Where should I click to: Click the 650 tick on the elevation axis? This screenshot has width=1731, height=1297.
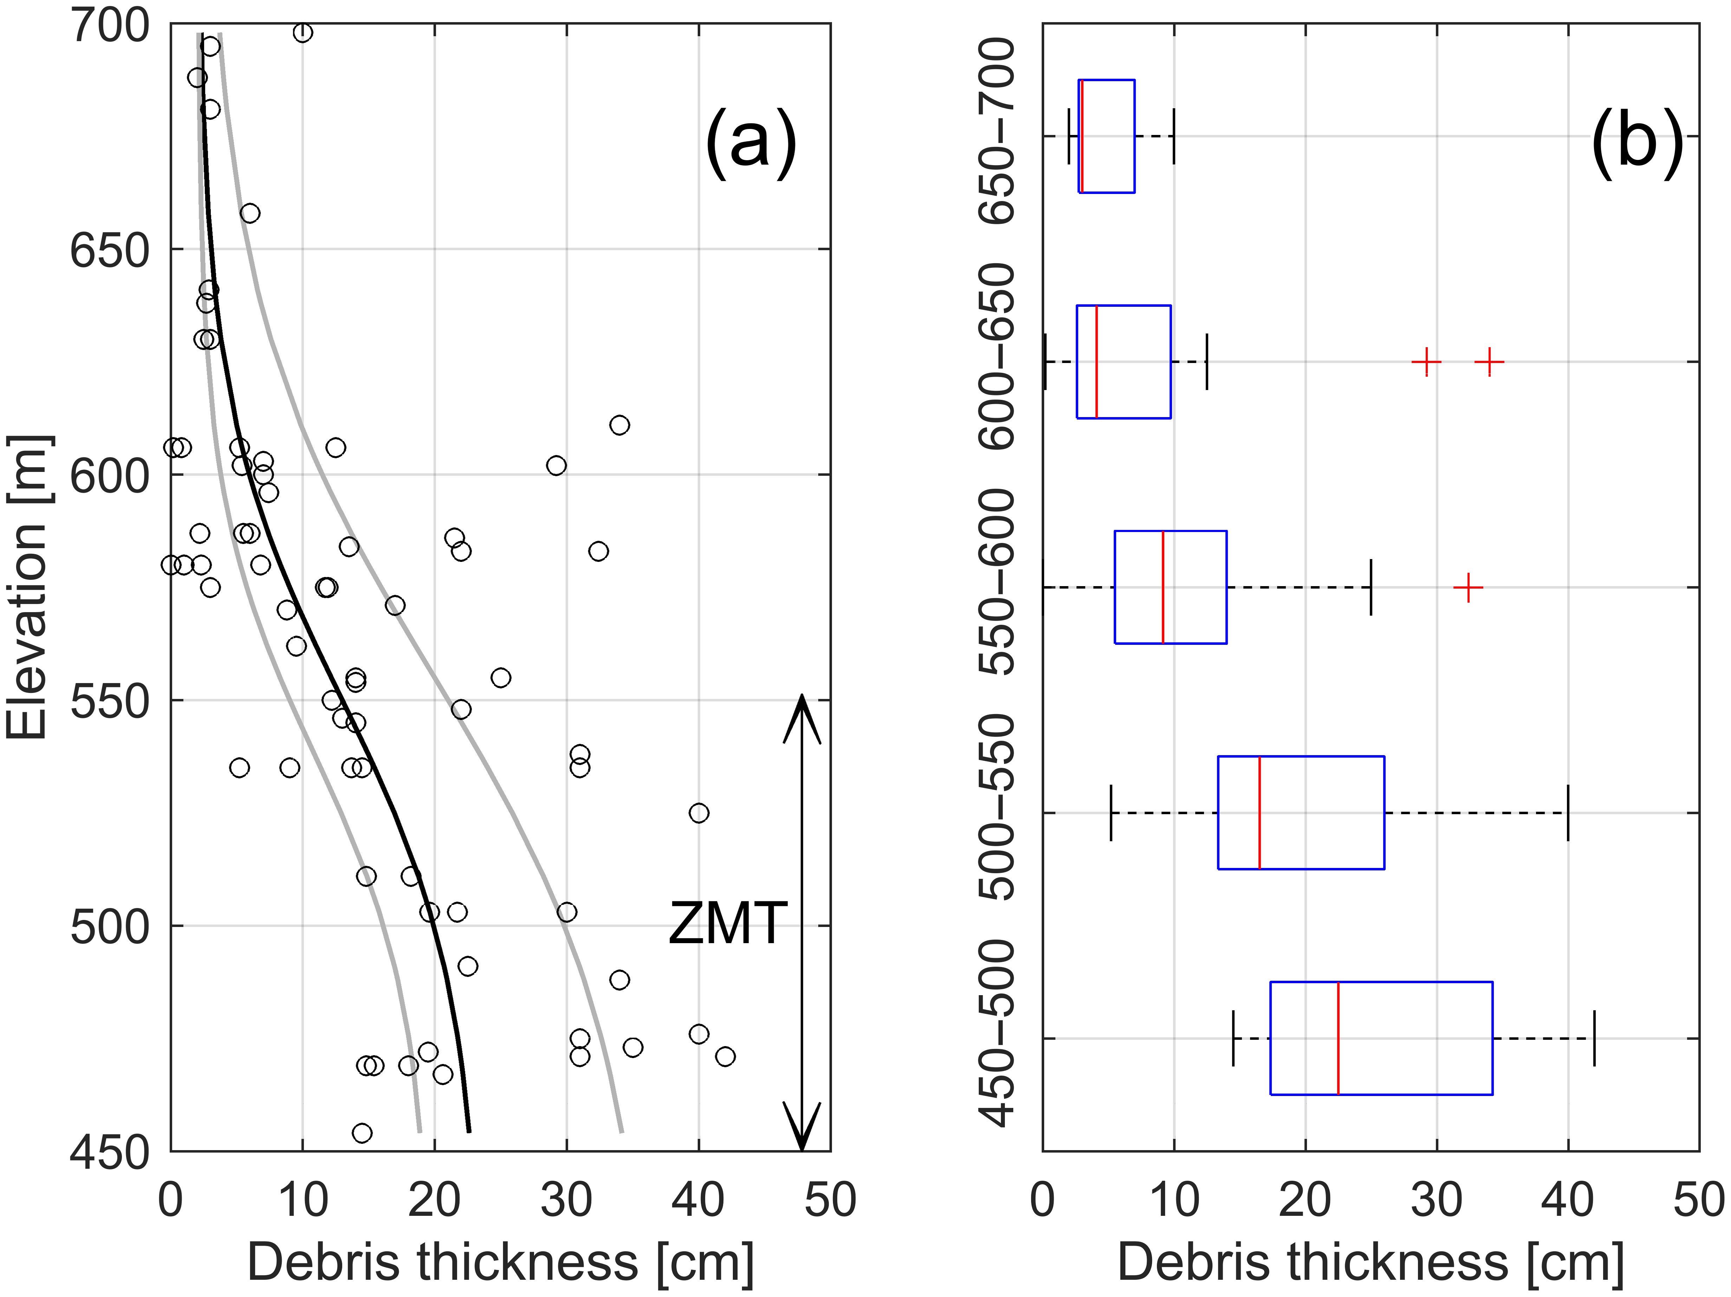click(110, 251)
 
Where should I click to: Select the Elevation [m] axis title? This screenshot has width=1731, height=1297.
click(27, 587)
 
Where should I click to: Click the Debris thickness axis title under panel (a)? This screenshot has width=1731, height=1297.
click(501, 1263)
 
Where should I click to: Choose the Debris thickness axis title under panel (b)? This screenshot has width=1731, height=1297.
click(1371, 1263)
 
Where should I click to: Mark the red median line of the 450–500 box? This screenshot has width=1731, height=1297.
click(1338, 1038)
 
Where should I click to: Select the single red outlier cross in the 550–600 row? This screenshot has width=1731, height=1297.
click(1468, 587)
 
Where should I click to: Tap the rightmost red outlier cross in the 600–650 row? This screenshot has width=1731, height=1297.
click(1489, 362)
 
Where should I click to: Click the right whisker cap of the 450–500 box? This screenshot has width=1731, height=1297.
click(1594, 1038)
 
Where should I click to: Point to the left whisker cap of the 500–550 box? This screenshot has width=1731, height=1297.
click(1111, 812)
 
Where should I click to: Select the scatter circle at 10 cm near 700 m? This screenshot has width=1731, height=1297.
click(303, 32)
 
